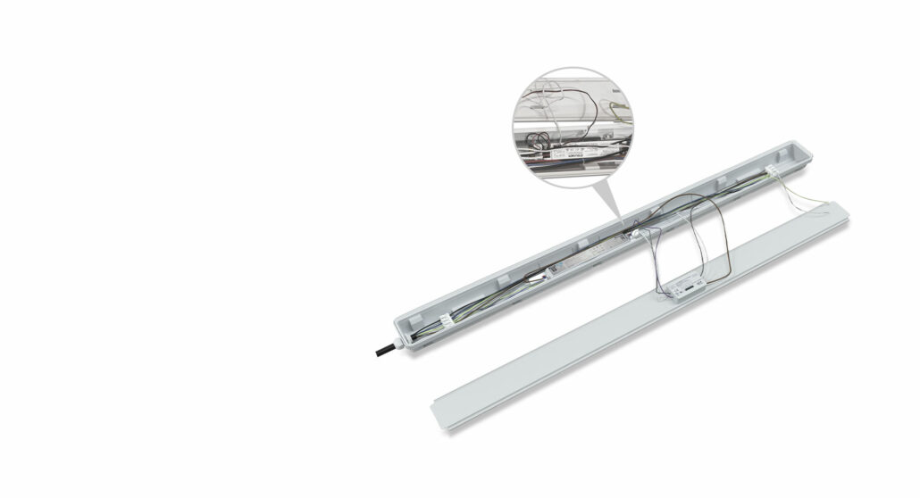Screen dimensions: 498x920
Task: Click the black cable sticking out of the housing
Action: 382,349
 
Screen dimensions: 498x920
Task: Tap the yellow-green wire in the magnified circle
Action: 622,112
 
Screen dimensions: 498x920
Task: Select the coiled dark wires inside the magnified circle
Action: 539,139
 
